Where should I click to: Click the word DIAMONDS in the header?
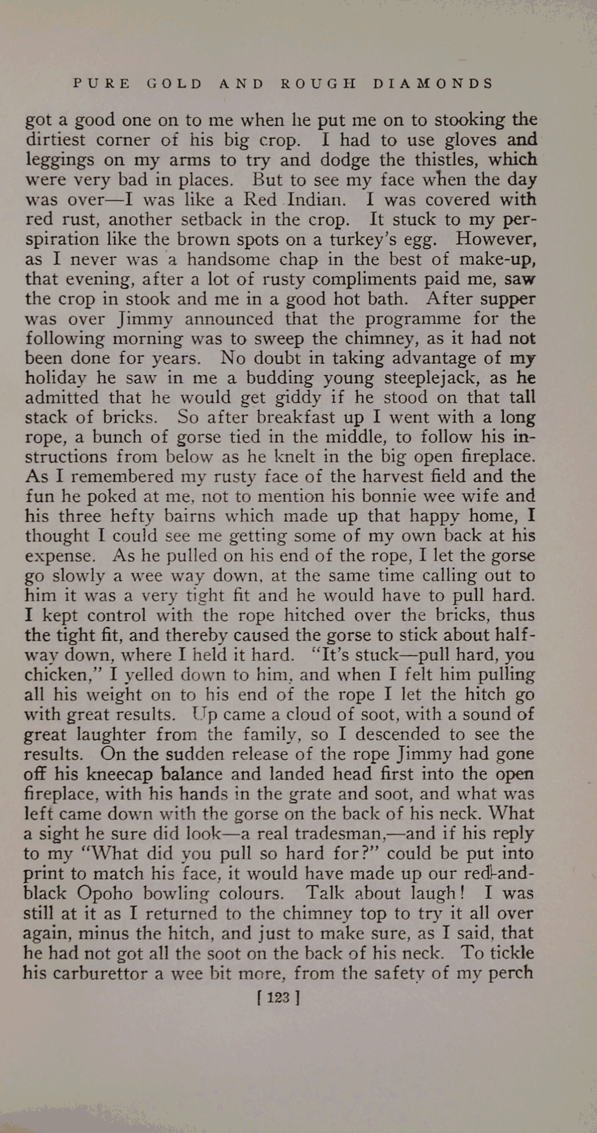[432, 84]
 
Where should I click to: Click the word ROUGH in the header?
[318, 84]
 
